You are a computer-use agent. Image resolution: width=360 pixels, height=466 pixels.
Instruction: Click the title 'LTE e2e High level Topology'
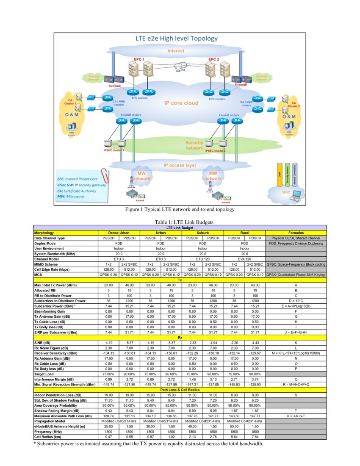tap(176, 39)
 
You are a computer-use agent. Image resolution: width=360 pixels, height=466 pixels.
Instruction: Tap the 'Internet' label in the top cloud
tap(175, 51)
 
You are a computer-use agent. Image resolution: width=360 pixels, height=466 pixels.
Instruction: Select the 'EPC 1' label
tap(139, 59)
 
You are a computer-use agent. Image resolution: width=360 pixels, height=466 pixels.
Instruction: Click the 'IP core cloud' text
tap(181, 103)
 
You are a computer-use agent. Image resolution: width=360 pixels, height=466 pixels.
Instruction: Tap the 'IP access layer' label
tap(180, 165)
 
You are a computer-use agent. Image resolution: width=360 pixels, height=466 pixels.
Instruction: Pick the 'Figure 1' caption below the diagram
tap(180, 209)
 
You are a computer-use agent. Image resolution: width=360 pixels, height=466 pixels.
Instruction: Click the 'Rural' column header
tap(244, 233)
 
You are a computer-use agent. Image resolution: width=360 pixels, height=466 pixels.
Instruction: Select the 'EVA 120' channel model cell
tap(244, 258)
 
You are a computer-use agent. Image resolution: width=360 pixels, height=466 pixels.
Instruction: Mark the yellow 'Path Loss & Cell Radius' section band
tap(180, 389)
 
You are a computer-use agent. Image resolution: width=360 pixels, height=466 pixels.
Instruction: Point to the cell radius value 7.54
tap(255, 437)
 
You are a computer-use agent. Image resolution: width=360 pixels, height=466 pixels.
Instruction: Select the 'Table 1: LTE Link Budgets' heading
tap(180, 222)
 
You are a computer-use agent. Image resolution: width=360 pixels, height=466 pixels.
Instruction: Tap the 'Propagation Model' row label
tap(50, 421)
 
